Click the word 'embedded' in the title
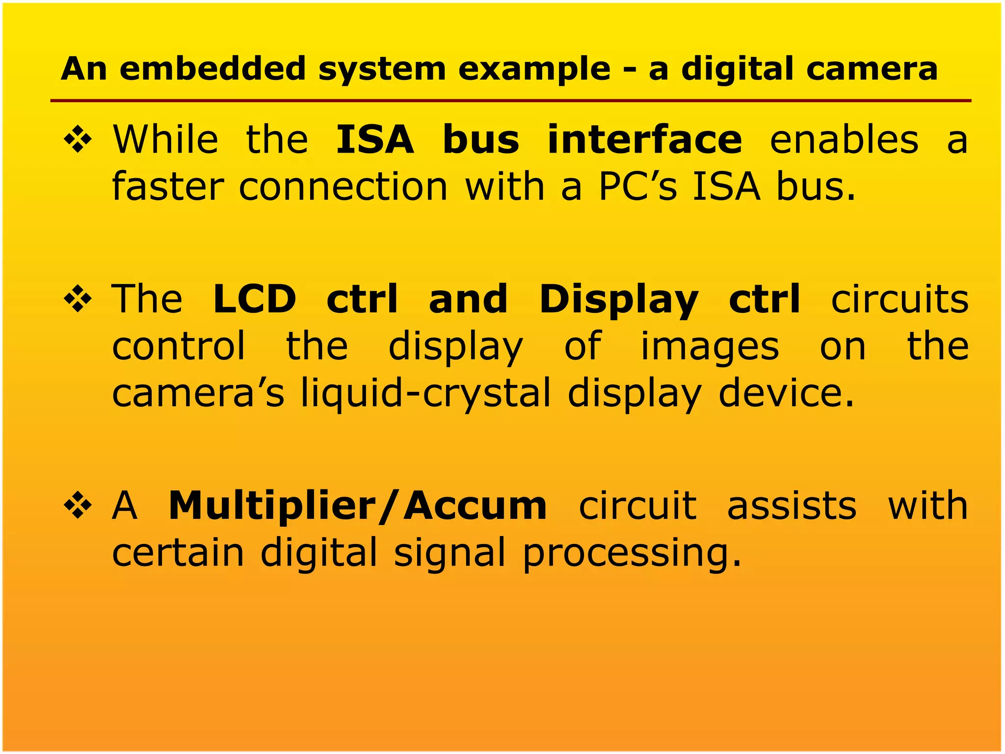click(213, 69)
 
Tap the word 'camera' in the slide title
click(872, 69)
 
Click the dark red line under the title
click(510, 101)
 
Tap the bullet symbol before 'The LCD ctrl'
click(78, 299)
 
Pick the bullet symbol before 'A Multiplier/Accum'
click(78, 507)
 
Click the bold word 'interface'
click(644, 140)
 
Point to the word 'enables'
click(844, 140)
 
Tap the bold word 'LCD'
click(255, 299)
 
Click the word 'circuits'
click(899, 299)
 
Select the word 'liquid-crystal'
click(425, 394)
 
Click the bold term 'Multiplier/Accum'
click(357, 507)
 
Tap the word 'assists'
click(792, 507)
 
